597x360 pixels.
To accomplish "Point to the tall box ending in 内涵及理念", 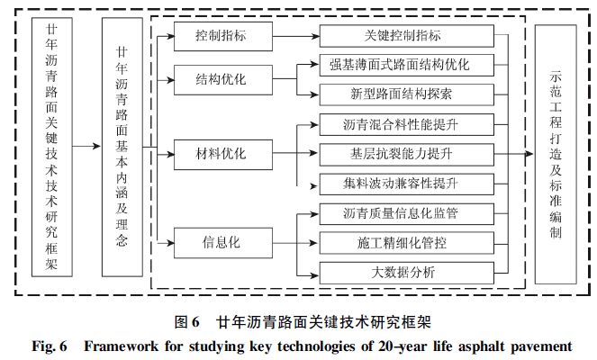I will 122,146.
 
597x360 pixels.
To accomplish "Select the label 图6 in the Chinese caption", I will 186,321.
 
